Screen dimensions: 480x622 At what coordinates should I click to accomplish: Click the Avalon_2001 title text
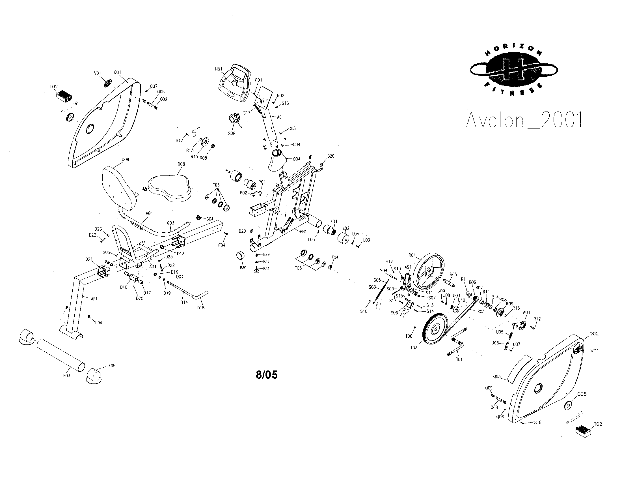point(524,120)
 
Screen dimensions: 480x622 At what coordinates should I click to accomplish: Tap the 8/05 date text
point(267,375)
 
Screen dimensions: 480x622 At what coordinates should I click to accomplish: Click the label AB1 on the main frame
point(303,231)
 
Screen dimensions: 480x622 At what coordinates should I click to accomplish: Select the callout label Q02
point(594,334)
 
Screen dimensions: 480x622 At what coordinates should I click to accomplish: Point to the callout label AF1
point(94,299)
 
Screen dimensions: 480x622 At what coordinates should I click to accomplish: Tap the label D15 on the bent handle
point(201,308)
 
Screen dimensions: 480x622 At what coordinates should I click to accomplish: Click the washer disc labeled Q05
point(568,405)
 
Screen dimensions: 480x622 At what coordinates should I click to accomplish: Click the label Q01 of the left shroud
point(118,72)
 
